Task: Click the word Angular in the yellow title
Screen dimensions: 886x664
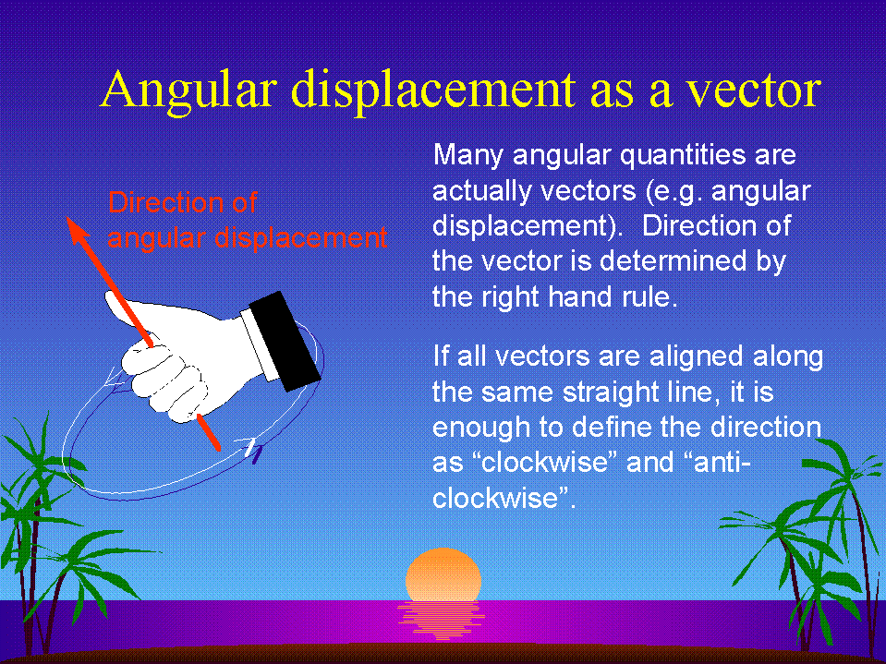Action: pos(189,91)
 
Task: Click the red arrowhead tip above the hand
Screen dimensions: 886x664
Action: pos(67,218)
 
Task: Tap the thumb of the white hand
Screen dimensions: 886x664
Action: pos(126,312)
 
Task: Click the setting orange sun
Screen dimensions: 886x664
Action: pos(443,574)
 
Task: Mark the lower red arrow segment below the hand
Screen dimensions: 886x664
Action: pos(209,432)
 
